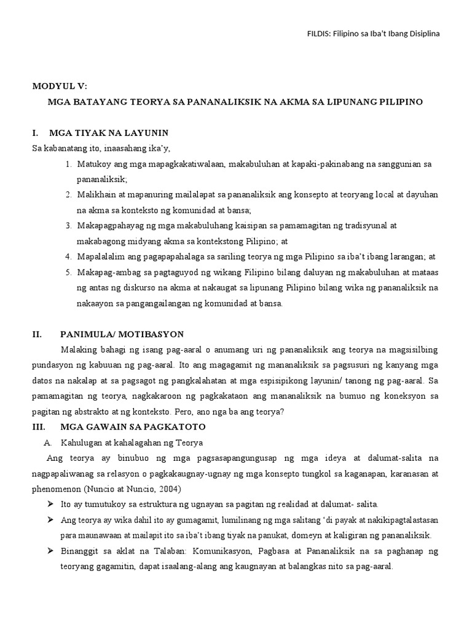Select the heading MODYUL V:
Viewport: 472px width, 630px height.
[61, 86]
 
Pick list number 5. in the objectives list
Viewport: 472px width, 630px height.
[68, 272]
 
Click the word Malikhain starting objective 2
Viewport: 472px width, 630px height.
[96, 194]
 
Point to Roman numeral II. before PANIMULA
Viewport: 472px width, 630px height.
[37, 334]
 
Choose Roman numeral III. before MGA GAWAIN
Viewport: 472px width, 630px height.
[37, 426]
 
